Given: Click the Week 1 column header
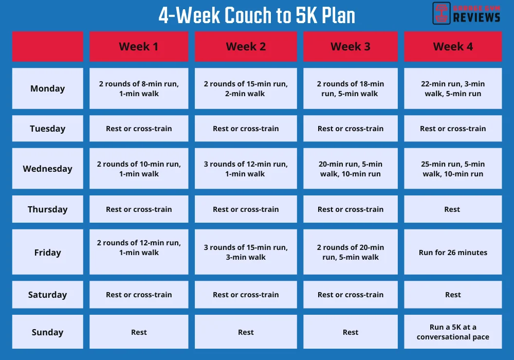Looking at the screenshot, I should pos(139,47).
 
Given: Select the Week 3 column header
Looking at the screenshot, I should pos(350,47).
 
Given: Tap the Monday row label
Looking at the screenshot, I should pos(47,88).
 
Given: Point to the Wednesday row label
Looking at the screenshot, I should pos(47,169).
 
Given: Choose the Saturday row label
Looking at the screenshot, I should pos(47,295).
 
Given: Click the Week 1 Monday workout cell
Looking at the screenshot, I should pos(139,88).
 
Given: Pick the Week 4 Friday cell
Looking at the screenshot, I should pos(453,253).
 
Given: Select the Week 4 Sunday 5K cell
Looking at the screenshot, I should pos(453,332).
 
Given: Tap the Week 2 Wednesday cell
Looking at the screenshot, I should pos(246,169).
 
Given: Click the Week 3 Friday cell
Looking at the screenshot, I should pos(350,253).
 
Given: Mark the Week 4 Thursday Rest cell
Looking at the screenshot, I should pos(453,209).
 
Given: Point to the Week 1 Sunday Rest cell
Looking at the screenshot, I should pos(139,332).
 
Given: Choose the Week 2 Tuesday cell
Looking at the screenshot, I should pos(246,129).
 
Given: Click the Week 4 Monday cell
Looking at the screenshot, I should pos(453,88).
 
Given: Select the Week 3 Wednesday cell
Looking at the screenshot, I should pos(350,169).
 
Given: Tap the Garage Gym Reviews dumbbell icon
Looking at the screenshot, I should pos(441,13).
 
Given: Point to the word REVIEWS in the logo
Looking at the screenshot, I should pos(476,17).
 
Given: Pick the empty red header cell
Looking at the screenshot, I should pos(47,47).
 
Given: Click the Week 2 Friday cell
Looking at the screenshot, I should pos(246,253).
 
